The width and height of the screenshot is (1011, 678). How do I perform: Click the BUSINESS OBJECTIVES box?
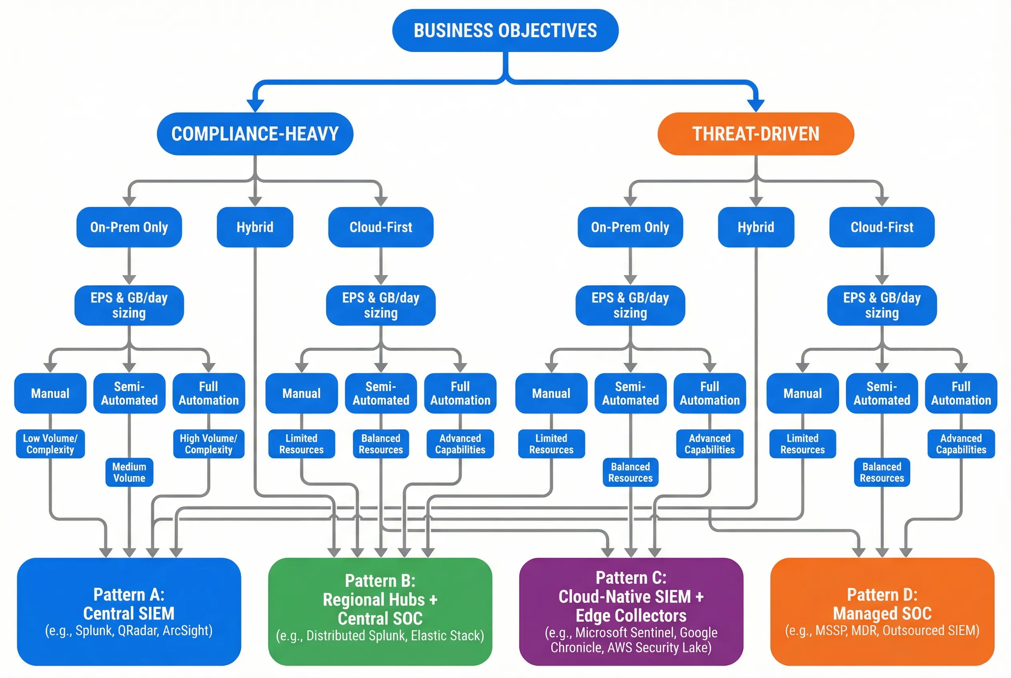pos(505,30)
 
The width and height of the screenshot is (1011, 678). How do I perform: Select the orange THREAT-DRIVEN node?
pos(755,134)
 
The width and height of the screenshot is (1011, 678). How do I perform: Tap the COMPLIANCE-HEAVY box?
pos(255,134)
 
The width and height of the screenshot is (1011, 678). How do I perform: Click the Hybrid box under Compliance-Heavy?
pos(255,227)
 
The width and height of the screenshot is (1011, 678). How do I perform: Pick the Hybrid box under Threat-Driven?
pos(755,227)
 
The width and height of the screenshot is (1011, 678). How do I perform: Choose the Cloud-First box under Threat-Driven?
pos(882,227)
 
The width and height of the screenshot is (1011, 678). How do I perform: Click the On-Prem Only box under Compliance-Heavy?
pos(129,227)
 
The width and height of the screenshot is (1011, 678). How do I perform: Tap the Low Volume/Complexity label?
pos(50,444)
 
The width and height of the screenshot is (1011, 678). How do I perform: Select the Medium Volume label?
pos(129,472)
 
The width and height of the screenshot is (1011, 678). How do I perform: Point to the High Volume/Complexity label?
pos(208,444)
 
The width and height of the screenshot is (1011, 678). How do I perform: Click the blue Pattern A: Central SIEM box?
pos(129,611)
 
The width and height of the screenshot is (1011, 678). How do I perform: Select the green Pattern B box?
pos(380,611)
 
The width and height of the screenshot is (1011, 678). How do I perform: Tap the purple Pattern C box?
pos(631,611)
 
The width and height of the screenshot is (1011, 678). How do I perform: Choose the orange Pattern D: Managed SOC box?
pos(882,611)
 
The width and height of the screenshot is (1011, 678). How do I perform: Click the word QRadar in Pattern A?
pos(138,630)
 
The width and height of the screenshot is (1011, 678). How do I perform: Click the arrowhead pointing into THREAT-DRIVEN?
pos(755,105)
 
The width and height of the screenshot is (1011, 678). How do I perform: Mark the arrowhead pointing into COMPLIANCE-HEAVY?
pos(255,105)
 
